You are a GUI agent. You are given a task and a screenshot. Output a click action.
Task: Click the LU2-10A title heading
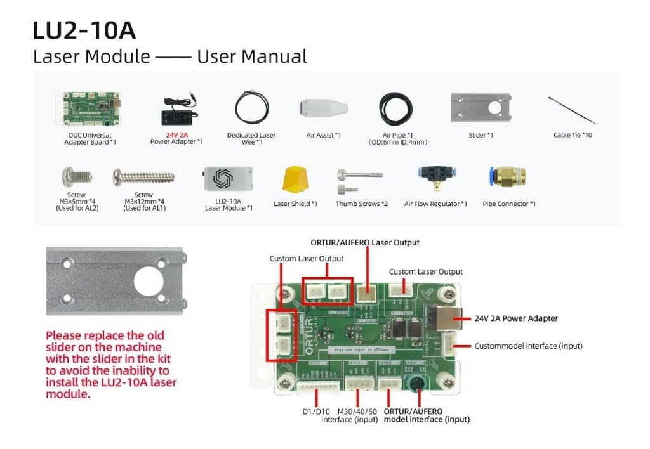coord(84,30)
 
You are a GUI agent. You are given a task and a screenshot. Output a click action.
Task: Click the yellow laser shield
coord(295,179)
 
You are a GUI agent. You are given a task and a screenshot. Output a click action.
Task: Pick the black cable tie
coord(572,110)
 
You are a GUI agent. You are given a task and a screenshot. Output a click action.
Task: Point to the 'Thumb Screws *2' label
coord(361,204)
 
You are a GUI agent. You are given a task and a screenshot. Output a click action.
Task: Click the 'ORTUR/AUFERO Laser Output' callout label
coord(365,242)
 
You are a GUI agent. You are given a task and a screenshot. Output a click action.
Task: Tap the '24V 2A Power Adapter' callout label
coord(516,318)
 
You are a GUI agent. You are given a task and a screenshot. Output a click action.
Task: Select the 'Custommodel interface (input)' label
coord(528,346)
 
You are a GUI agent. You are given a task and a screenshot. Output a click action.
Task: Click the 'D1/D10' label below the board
coord(315,412)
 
